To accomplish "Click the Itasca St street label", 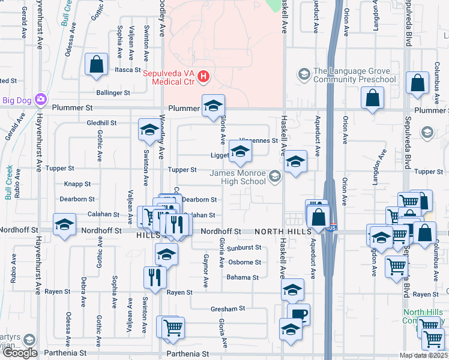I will pyautogui.click(x=127, y=70).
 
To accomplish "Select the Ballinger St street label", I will pyautogui.click(x=113, y=93).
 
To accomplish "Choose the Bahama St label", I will pyautogui.click(x=242, y=278).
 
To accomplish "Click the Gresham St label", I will pyautogui.click(x=228, y=309).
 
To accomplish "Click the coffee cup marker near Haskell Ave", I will pyautogui.click(x=298, y=314).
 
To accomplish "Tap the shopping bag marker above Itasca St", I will pyautogui.click(x=96, y=64).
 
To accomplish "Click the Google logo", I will pyautogui.click(x=20, y=353).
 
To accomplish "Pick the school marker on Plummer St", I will pyautogui.click(x=212, y=106).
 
